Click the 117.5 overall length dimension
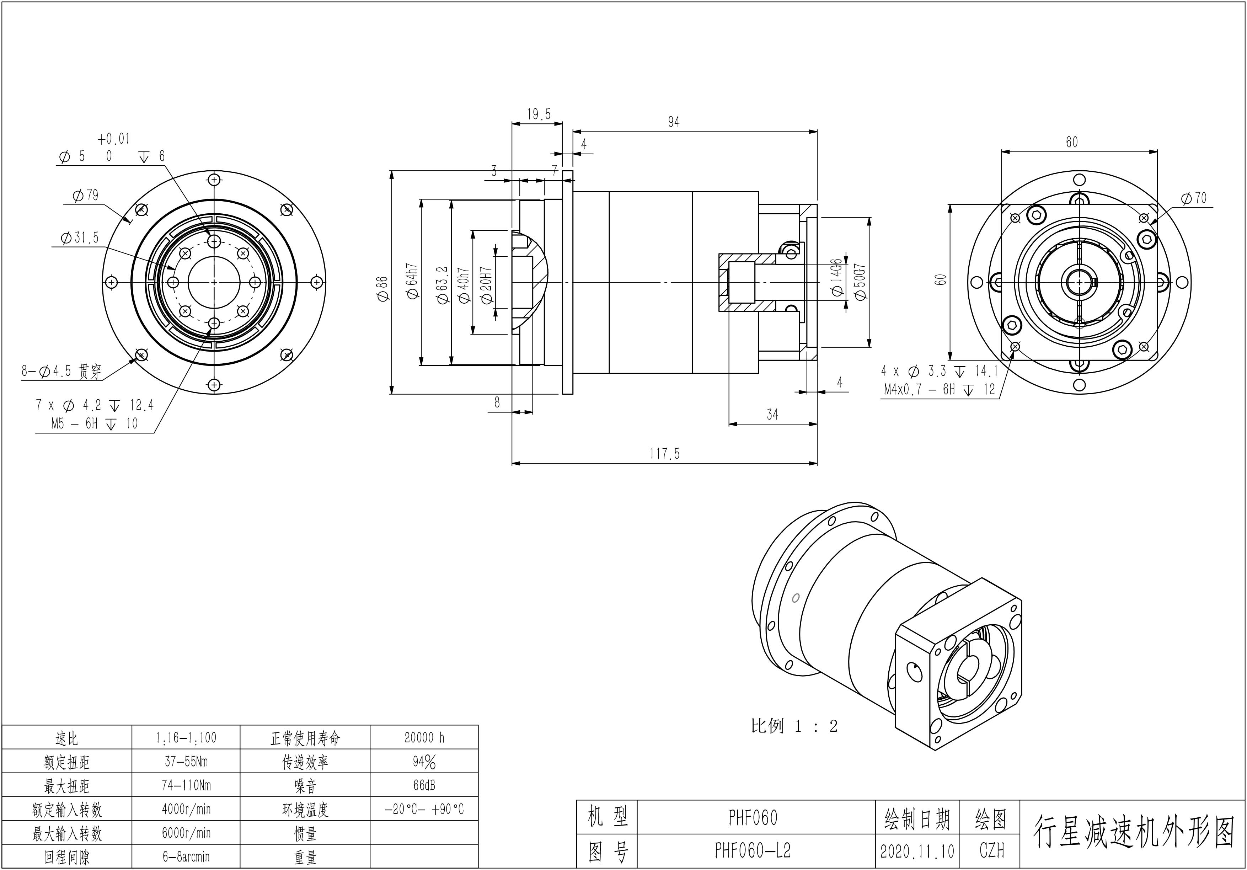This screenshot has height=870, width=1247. pos(664,453)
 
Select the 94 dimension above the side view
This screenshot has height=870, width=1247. pos(674,122)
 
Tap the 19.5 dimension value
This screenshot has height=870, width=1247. pos(538,114)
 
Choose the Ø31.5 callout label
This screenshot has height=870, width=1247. pos(79,238)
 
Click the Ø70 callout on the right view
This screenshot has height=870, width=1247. pos(1193,198)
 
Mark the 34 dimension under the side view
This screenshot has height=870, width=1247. pos(772,415)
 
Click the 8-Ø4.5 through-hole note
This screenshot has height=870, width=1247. pos(61,372)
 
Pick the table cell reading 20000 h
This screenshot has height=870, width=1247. pos(424,737)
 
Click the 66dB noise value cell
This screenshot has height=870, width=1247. pos(424,785)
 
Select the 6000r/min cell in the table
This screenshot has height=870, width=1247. pos(186,833)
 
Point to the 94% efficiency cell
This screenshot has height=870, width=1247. pos(424,762)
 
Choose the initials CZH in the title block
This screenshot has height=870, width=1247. pos(992,850)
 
